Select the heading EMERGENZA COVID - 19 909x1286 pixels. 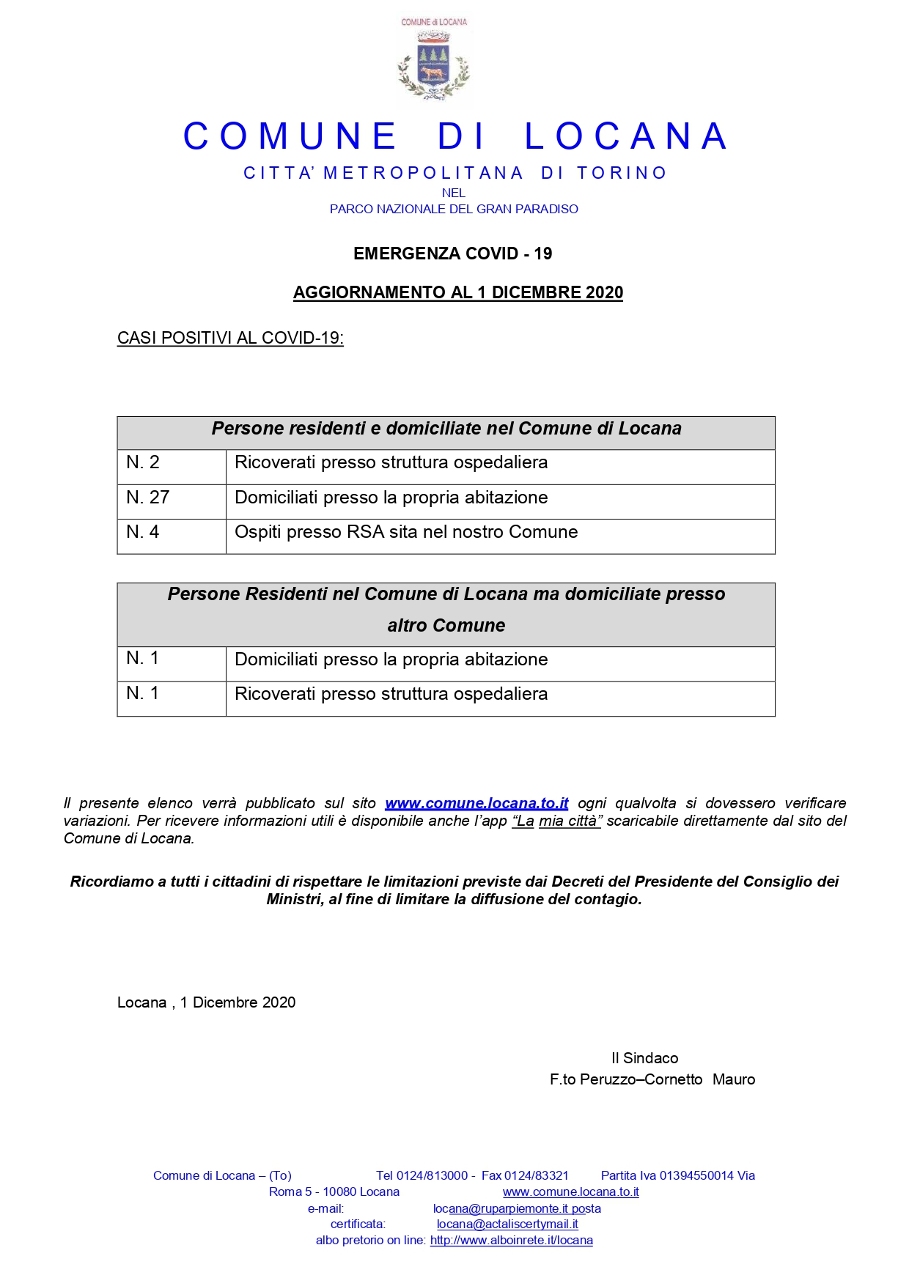point(452,254)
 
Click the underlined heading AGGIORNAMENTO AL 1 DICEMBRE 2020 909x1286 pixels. point(457,292)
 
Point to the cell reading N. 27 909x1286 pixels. point(148,498)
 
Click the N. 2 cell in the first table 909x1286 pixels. point(143,462)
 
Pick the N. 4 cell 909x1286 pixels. point(143,532)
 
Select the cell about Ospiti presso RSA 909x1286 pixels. point(406,532)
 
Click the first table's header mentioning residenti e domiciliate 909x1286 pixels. point(446,429)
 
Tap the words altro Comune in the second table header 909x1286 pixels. point(446,626)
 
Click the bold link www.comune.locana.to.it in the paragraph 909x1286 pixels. point(476,803)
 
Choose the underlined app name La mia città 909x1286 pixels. point(557,821)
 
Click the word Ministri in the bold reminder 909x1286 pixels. point(294,899)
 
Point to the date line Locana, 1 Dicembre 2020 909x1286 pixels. point(206,1002)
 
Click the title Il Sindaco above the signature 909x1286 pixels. point(644,1058)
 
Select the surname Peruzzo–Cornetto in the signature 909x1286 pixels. point(641,1079)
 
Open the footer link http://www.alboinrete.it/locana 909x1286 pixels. point(511,1240)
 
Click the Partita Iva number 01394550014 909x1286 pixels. point(696,1175)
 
